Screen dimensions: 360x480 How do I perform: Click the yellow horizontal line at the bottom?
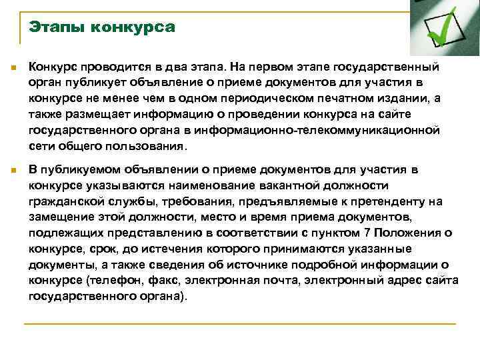pos(240,324)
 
